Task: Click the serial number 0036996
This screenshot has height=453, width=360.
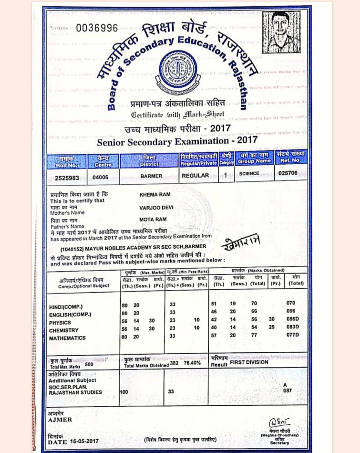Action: pos(97,28)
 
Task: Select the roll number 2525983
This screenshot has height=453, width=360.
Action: pos(67,177)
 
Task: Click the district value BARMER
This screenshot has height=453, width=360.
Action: pos(151,176)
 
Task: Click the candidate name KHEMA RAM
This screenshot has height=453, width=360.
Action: pos(154,194)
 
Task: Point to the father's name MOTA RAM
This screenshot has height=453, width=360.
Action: pos(152,220)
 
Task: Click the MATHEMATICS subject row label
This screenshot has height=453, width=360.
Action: pos(67,338)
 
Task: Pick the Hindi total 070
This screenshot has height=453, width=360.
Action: pos(291,303)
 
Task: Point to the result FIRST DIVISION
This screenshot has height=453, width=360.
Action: pos(249,362)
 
